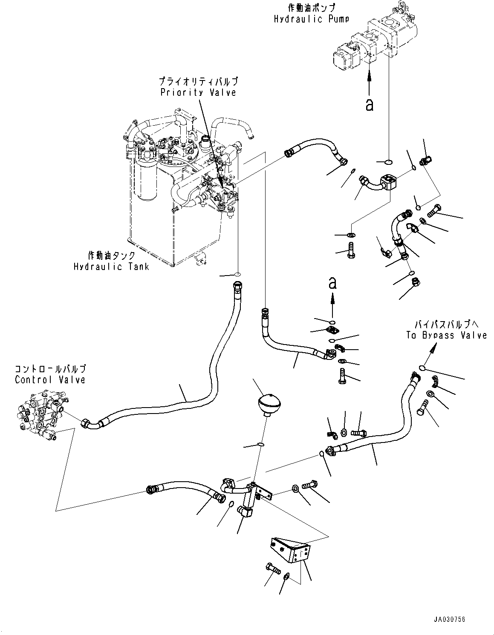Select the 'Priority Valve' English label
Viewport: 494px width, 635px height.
click(198, 92)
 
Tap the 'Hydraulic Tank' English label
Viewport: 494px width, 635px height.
click(111, 267)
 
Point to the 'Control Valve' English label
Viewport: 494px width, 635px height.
click(50, 379)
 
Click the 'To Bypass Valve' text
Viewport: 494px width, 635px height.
click(446, 335)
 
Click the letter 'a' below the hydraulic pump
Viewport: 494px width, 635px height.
click(370, 105)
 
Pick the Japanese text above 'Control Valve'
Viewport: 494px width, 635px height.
click(50, 369)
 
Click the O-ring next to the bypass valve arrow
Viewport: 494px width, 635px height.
click(422, 368)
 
